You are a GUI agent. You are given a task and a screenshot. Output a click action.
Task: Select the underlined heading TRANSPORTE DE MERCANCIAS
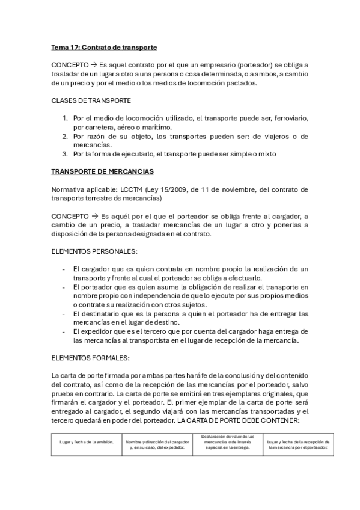[103, 171]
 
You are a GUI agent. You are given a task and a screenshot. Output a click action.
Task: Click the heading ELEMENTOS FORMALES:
[90, 358]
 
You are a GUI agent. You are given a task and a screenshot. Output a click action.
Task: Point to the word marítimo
[155, 127]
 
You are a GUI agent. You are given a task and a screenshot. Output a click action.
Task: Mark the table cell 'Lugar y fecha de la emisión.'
[87, 443]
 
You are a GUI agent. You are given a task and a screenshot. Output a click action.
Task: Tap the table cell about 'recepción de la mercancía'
[299, 443]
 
